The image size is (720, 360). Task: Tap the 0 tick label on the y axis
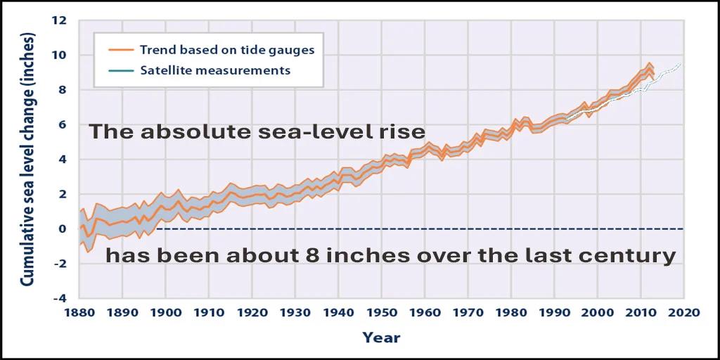[x=63, y=229]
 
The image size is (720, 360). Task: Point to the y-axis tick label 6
[x=63, y=124]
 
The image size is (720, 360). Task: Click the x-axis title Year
[x=381, y=338]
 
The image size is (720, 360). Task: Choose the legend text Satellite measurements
[x=214, y=70]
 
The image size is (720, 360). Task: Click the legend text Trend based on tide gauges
[x=226, y=51]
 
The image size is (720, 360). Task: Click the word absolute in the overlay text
[x=187, y=131]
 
